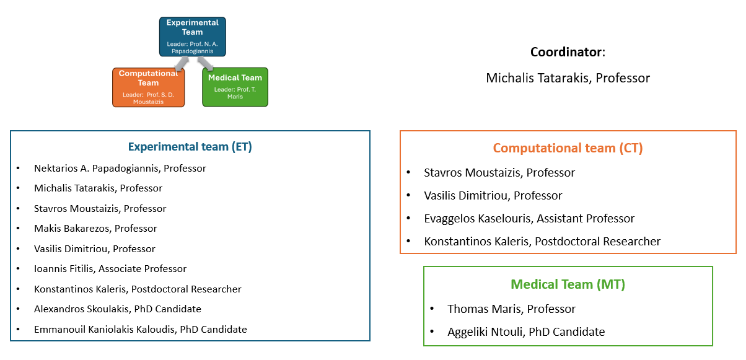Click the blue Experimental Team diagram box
pos(193,37)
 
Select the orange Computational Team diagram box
pos(148,87)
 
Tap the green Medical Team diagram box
pos(235,87)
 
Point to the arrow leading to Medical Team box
pos(206,63)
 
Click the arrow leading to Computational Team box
pos(182,63)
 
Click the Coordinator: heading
pos(568,52)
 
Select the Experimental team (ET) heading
pos(190,146)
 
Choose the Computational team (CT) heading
pos(568,148)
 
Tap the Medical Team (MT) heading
pos(568,284)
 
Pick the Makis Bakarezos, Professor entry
pos(95,229)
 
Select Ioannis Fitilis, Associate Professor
pos(110,268)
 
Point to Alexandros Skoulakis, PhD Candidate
pos(118,309)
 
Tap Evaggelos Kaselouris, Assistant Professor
pos(529,219)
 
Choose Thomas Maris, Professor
pos(511,309)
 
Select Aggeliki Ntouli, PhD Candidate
pos(526,332)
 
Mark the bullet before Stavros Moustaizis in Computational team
pos(409,172)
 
